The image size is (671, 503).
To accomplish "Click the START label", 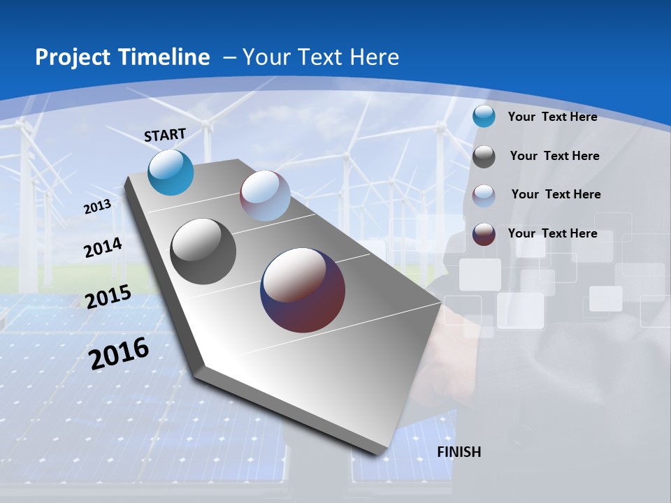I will coord(165,135).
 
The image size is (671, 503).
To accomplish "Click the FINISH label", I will coord(459,452).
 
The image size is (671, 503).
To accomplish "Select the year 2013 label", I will coord(98,207).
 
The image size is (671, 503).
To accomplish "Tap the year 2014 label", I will coord(103,248).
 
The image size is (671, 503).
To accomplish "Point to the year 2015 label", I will coord(108,297).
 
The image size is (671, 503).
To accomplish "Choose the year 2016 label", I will coord(119,353).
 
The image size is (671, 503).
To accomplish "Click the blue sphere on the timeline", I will coord(171,173).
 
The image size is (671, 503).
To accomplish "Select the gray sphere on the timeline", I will coord(203,251).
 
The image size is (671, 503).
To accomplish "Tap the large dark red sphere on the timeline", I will coord(303,290).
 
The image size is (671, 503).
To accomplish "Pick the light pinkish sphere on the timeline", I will coord(265,196).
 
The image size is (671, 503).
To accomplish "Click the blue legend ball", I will coord(484,117).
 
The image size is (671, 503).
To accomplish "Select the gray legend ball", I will coord(484,156).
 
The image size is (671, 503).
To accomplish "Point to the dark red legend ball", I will coord(484,234).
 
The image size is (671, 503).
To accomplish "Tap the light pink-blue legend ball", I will coord(484,195).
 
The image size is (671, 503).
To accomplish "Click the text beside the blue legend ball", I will coord(552,117).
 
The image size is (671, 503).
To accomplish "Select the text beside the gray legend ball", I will coord(554,156).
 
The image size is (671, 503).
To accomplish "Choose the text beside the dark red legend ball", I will coord(552,233).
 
